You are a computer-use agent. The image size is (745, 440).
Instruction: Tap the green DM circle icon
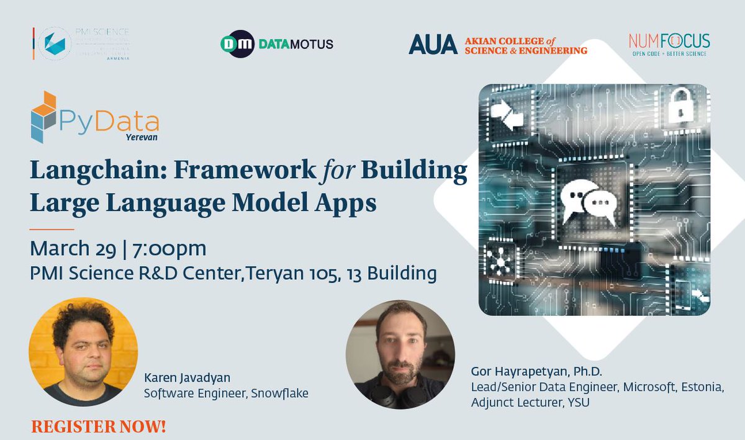click(237, 44)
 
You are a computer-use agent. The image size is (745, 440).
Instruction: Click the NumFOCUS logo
click(669, 44)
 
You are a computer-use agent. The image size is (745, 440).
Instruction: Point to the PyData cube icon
click(44, 116)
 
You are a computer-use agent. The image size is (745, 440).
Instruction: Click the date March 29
click(73, 249)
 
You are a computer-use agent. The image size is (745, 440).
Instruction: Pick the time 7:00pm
click(168, 249)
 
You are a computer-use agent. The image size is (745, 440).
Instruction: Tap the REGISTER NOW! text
click(99, 427)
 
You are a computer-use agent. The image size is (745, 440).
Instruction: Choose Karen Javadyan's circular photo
click(83, 352)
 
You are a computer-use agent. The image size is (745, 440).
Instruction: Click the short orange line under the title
click(52, 229)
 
